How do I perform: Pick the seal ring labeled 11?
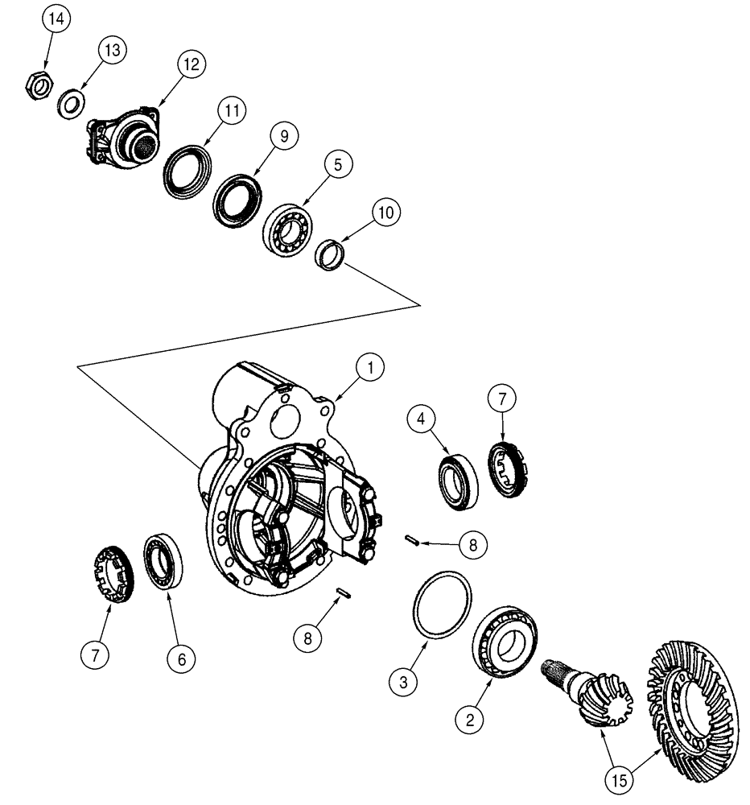pyautogui.click(x=187, y=169)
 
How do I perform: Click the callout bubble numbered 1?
pyautogui.click(x=369, y=369)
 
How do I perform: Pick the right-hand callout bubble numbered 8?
pyautogui.click(x=473, y=545)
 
